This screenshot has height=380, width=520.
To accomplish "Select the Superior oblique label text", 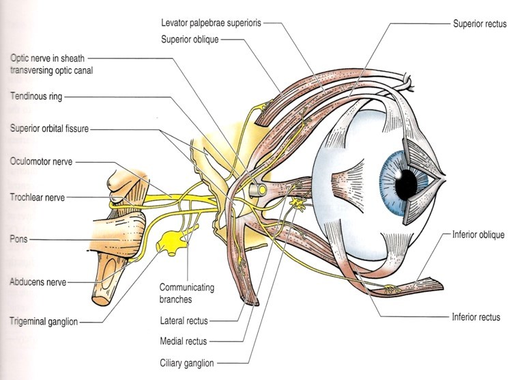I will (x=190, y=39).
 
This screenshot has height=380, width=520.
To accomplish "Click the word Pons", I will (x=20, y=240).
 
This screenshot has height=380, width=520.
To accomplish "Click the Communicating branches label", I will (x=186, y=293).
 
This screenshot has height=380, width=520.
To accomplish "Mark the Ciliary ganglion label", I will (x=187, y=362).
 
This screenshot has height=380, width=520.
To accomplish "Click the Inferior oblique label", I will (x=478, y=235).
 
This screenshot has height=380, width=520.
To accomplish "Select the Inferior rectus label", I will (x=476, y=317).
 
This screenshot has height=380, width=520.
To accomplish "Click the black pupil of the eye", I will (x=409, y=181).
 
